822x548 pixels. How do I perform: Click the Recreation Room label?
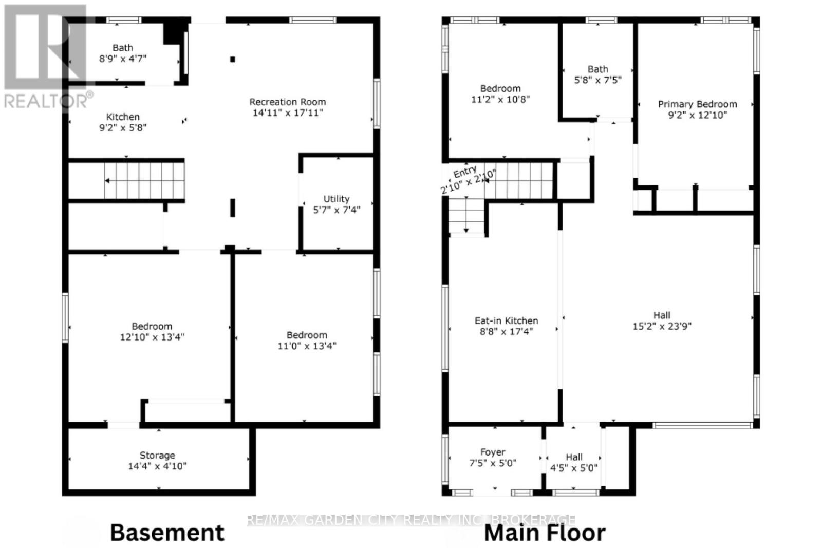287,102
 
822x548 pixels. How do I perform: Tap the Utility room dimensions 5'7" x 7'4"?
337,210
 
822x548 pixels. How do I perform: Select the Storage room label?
157,456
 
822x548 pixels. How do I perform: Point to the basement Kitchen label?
123,117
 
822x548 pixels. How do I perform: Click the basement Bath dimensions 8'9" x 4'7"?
123,59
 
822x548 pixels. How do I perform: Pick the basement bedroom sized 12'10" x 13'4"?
152,332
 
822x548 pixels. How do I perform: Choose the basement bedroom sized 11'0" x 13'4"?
307,341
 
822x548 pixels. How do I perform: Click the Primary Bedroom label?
697,104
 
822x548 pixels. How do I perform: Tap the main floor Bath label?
598,69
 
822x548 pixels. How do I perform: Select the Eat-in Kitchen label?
507,320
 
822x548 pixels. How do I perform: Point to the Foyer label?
493,452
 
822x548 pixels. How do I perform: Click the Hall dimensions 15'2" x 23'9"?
662,326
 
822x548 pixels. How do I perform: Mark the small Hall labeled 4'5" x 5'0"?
574,463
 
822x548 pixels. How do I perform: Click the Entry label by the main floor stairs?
465,172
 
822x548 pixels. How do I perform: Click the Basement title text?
167,533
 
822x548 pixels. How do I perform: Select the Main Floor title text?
545,533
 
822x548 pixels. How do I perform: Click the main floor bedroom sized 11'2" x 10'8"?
500,94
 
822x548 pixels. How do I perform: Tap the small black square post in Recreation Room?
233,60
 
